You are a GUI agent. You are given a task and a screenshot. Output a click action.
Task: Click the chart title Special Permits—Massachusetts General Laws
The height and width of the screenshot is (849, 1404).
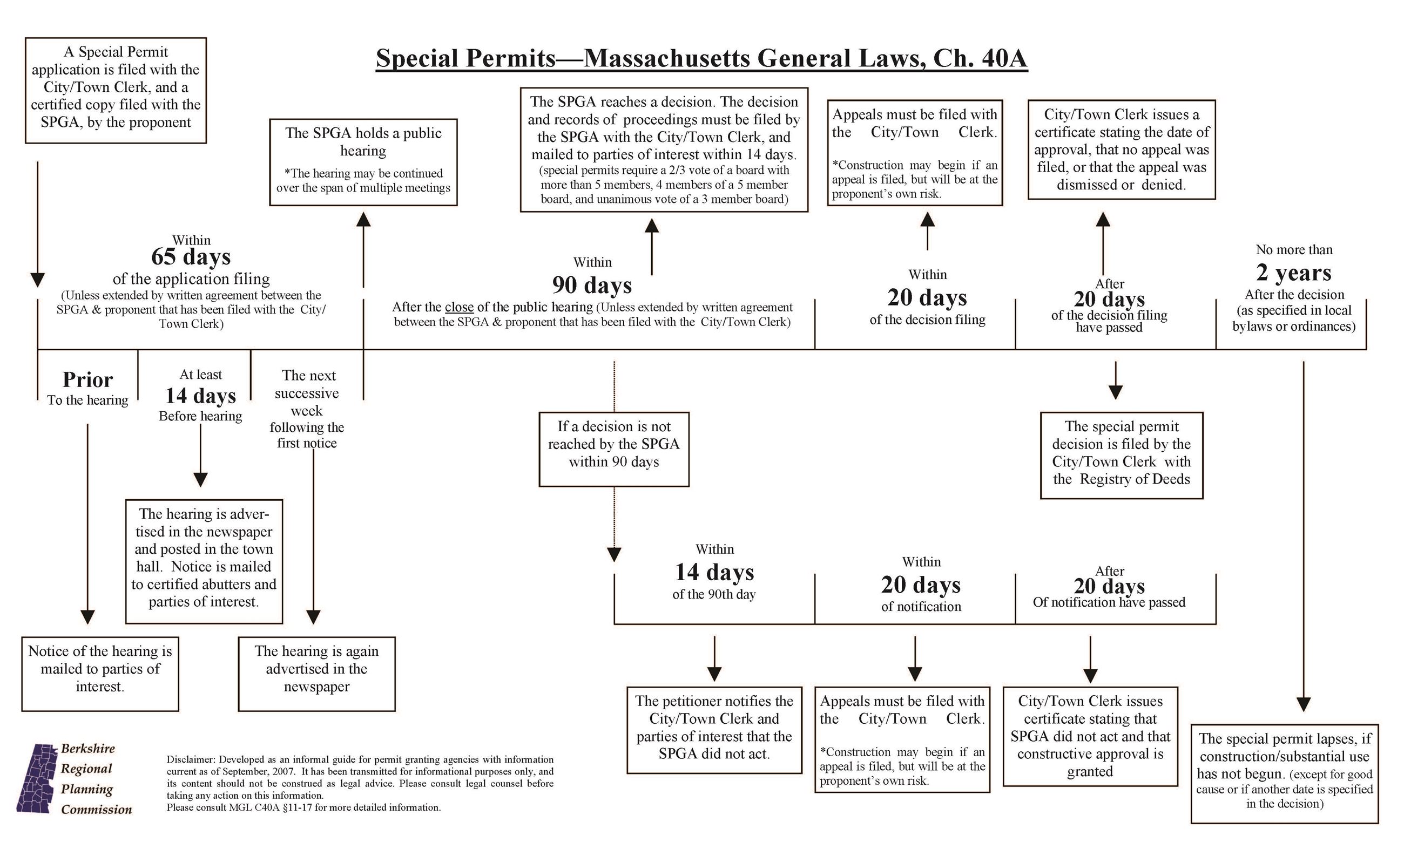[701, 59]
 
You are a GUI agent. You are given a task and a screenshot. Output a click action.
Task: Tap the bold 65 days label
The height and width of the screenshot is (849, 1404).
[191, 257]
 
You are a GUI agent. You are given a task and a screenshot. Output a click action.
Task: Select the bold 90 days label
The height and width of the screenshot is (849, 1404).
[591, 284]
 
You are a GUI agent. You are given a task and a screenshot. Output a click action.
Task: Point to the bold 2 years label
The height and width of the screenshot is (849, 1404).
[1293, 273]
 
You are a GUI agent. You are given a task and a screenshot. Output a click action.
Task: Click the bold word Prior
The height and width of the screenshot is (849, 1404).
[87, 380]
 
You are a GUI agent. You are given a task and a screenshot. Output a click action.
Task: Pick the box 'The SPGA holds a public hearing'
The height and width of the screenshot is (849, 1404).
[363, 162]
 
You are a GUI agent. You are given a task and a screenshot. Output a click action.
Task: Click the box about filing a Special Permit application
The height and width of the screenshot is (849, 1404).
[116, 90]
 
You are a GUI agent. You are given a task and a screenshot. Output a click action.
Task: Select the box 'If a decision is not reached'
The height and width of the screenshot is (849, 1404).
[613, 449]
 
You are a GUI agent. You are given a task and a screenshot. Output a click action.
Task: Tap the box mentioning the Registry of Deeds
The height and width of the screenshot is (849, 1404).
[1121, 455]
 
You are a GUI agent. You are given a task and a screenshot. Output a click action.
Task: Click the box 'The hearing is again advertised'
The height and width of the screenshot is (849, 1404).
[316, 673]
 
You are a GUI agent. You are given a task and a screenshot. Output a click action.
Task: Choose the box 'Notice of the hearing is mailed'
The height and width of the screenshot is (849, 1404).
[100, 673]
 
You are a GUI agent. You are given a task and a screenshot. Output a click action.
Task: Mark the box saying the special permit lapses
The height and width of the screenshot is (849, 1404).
[1284, 773]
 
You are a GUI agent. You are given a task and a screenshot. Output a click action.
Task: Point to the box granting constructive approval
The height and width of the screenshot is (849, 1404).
[1090, 736]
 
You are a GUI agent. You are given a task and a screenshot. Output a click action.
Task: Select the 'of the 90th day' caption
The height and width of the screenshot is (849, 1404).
[713, 594]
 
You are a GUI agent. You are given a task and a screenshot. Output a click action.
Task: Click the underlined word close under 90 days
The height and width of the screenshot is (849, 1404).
[458, 308]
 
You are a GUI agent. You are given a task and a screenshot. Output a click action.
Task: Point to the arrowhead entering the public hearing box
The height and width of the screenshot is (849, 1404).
[363, 219]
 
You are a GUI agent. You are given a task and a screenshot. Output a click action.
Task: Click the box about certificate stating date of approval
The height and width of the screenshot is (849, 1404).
[1121, 149]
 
